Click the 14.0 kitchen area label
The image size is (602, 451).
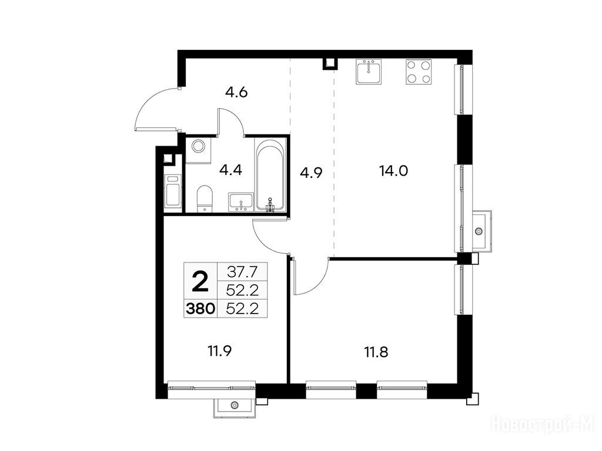click(x=393, y=171)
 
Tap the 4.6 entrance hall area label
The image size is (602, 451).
click(x=236, y=92)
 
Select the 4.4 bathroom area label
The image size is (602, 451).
click(x=230, y=169)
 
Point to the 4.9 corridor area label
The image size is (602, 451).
click(x=310, y=173)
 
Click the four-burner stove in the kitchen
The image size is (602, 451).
click(x=419, y=72)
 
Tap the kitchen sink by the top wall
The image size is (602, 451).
click(x=369, y=71)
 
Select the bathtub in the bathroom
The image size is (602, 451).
click(x=270, y=175)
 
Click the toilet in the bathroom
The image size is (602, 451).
click(x=204, y=198)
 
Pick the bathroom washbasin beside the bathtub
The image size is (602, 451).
click(x=240, y=202)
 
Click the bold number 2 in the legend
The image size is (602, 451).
click(x=200, y=281)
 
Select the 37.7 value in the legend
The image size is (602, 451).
click(x=242, y=272)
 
